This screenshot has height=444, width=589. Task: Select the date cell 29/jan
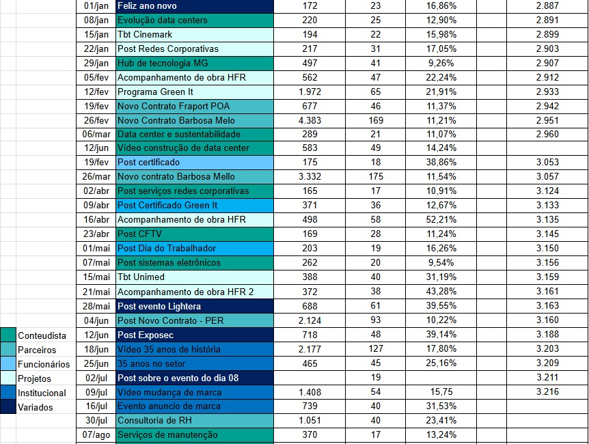pyautogui.click(x=96, y=63)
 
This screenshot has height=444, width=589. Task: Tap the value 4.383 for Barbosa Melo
pyautogui.click(x=309, y=120)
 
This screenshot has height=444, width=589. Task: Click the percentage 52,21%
pyautogui.click(x=441, y=219)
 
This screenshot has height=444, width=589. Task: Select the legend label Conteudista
pyautogui.click(x=42, y=335)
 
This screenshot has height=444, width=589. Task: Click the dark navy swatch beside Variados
pyautogui.click(x=8, y=407)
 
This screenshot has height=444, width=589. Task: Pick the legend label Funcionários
pyautogui.click(x=44, y=364)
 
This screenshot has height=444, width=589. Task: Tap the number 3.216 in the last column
pyautogui.click(x=547, y=391)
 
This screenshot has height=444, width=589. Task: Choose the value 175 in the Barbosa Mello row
pyautogui.click(x=375, y=176)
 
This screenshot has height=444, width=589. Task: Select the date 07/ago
pyautogui.click(x=96, y=434)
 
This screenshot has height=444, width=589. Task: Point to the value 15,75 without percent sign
pyautogui.click(x=441, y=391)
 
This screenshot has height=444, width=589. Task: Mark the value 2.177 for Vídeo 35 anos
pyautogui.click(x=309, y=349)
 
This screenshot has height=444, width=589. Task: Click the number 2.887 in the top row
pyautogui.click(x=547, y=5)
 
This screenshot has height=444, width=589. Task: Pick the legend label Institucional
pyautogui.click(x=42, y=393)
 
